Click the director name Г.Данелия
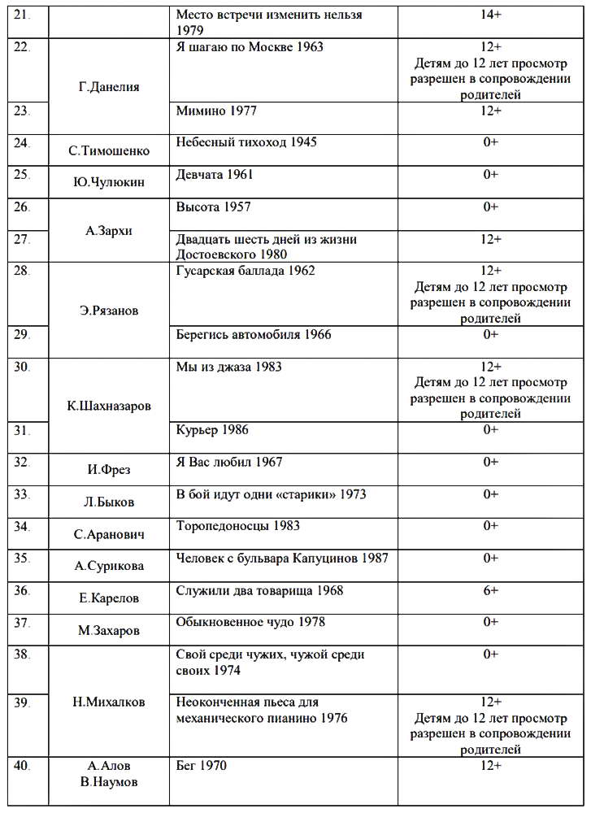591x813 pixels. pyautogui.click(x=109, y=87)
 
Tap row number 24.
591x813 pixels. pyautogui.click(x=23, y=142)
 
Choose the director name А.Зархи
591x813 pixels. pyautogui.click(x=109, y=230)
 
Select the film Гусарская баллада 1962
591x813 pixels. pyautogui.click(x=246, y=271)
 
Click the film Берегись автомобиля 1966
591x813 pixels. pyautogui.click(x=254, y=334)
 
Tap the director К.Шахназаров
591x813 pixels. pyautogui.click(x=109, y=406)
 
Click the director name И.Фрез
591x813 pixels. pyautogui.click(x=109, y=469)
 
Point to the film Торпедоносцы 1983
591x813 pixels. pyautogui.click(x=238, y=526)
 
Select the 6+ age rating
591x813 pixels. pyautogui.click(x=490, y=590)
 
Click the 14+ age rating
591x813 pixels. pyautogui.click(x=490, y=15)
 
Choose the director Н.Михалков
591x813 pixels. pyautogui.click(x=109, y=702)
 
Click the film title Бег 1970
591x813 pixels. pyautogui.click(x=202, y=766)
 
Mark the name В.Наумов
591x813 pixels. pyautogui.click(x=109, y=782)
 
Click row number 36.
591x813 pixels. pyautogui.click(x=23, y=590)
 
